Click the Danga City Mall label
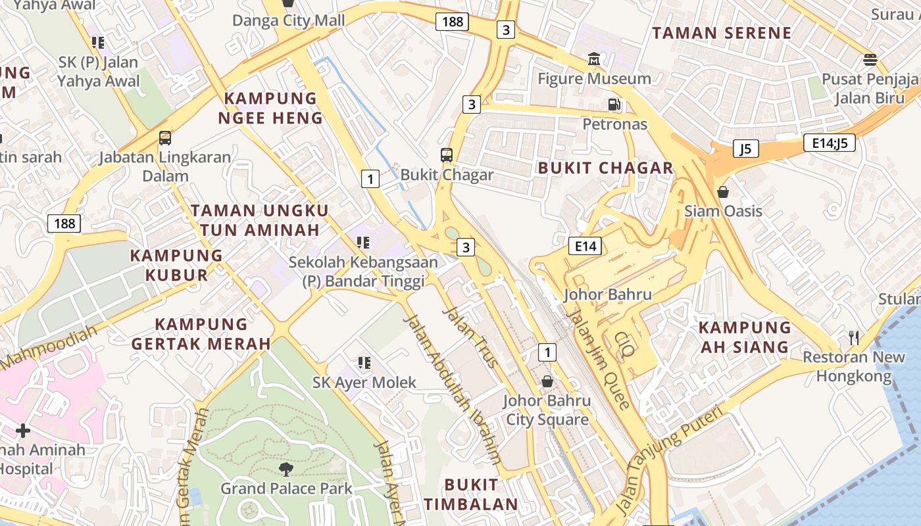pos(288,20)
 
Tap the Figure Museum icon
pos(594,60)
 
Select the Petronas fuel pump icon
pos(614,104)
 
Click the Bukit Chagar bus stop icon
pos(447,155)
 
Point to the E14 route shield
pos(585,246)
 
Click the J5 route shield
pos(745,149)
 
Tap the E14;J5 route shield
pos(829,143)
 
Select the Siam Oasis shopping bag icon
pos(723,192)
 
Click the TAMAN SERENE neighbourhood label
pos(722,33)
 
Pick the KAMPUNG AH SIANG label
pos(744,337)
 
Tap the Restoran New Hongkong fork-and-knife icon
pos(854,338)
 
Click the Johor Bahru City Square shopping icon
pos(547,381)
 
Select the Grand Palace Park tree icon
pos(286,469)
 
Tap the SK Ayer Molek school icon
pos(364,362)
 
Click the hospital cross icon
pos(23,431)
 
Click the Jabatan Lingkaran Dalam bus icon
pos(165,138)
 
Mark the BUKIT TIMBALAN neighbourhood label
pos(471,494)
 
